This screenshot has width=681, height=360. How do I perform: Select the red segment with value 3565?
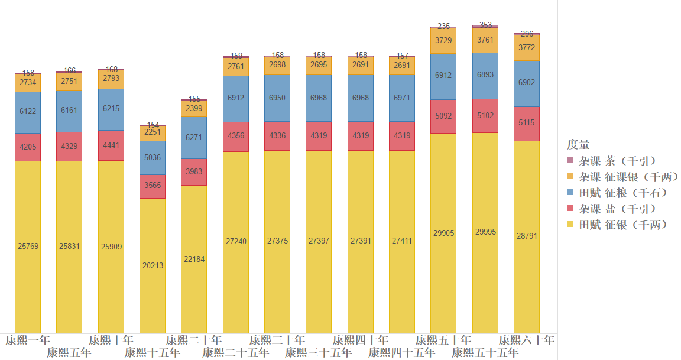pos(153,186)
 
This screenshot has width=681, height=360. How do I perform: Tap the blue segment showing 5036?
pos(153,158)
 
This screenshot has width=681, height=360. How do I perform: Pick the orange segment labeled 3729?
pos(443,41)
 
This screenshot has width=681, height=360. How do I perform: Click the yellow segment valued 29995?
pos(485,232)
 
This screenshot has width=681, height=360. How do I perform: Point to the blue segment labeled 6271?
pos(194,138)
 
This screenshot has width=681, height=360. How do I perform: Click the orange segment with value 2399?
pos(194,109)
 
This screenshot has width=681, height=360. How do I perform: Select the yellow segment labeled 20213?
pos(153,265)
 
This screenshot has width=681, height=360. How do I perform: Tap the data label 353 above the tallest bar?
pos(485,25)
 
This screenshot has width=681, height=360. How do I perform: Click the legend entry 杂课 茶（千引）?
pos(617,161)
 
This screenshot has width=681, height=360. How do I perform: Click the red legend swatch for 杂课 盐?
pos(570,209)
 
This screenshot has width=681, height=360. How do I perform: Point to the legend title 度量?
pos(578,144)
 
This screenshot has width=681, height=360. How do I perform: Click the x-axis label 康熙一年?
pos(27,340)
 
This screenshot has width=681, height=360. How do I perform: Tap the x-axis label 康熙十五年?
pos(152,353)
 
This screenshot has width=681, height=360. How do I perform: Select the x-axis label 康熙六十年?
pos(526,340)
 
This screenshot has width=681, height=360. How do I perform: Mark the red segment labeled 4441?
pos(111,145)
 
